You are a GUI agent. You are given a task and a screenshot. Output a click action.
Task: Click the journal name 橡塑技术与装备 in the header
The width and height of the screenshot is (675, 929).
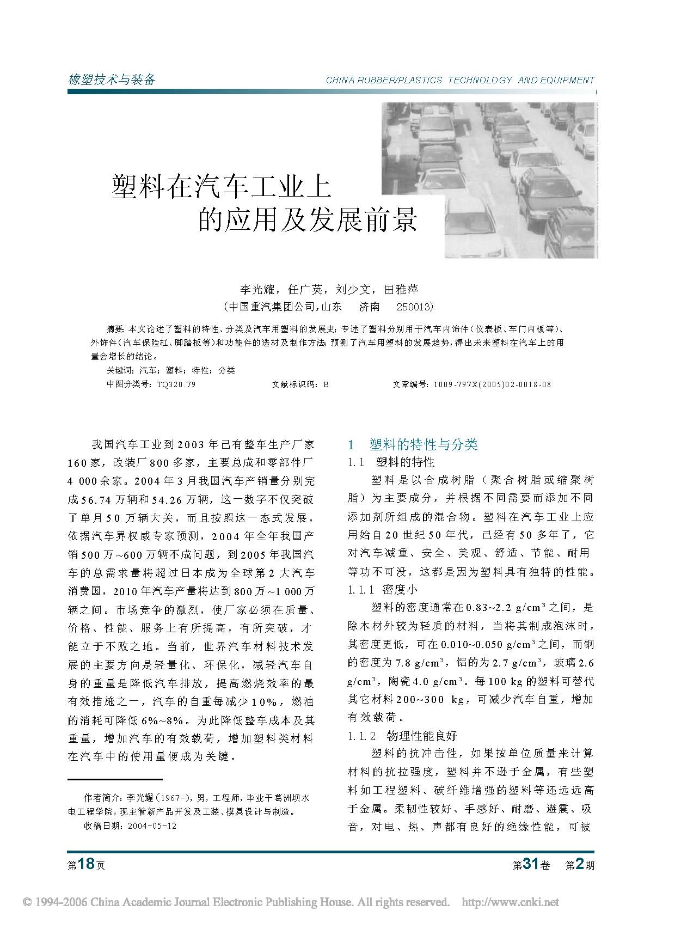click(x=112, y=80)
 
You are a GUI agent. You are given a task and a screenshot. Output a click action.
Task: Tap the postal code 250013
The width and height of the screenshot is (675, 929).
click(x=415, y=307)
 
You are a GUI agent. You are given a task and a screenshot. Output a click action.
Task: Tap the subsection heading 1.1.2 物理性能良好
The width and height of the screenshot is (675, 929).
click(x=402, y=736)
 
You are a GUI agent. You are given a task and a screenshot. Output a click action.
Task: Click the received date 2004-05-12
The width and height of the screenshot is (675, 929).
click(x=152, y=826)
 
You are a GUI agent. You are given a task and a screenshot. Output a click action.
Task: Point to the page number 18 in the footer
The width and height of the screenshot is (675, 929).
click(x=87, y=864)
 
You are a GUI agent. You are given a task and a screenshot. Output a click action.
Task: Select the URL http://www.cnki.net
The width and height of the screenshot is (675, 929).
click(x=510, y=902)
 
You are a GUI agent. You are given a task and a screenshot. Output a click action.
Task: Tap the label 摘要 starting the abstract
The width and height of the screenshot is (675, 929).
click(x=114, y=329)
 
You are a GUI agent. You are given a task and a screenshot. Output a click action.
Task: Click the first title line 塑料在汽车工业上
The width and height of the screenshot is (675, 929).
click(x=222, y=186)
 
